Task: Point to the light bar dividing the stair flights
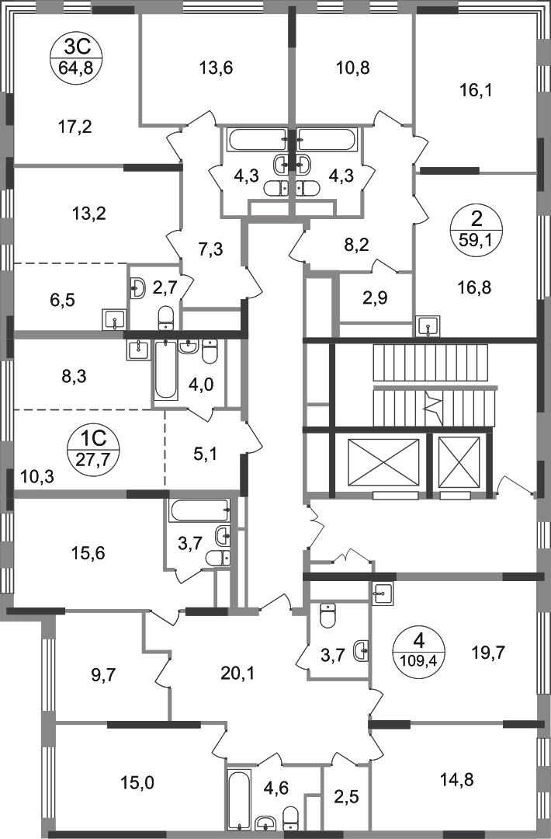(438, 387)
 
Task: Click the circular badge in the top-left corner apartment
(72, 55)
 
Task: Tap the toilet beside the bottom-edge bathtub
(289, 816)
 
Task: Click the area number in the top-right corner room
(474, 92)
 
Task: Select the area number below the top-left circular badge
(77, 127)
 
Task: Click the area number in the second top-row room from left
(217, 68)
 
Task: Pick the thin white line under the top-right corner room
(508, 169)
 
